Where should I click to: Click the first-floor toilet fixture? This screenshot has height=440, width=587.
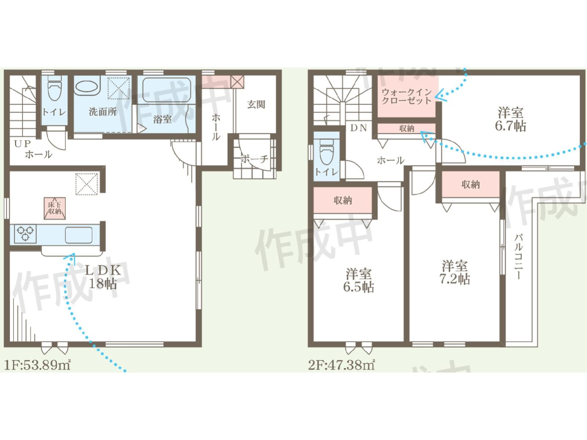click(54, 88)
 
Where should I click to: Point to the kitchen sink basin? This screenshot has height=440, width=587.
click(79, 235)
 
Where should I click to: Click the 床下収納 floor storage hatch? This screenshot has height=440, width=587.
click(55, 208)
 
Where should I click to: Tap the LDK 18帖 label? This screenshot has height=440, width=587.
click(103, 277)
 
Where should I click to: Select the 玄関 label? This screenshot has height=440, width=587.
click(256, 105)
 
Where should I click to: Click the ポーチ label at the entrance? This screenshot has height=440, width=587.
click(254, 159)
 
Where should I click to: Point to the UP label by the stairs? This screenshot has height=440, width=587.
click(22, 144)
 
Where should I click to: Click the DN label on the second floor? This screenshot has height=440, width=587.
click(358, 128)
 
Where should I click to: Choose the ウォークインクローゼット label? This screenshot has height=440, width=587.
click(406, 96)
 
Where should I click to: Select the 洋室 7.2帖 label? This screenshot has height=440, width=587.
click(454, 272)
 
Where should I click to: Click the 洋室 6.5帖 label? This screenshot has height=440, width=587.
click(358, 280)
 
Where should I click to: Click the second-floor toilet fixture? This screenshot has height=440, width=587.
click(326, 152)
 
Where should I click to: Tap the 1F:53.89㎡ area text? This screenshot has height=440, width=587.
click(37, 365)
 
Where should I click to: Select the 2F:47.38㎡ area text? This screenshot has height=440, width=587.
click(341, 365)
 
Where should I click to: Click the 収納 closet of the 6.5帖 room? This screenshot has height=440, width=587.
click(343, 200)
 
